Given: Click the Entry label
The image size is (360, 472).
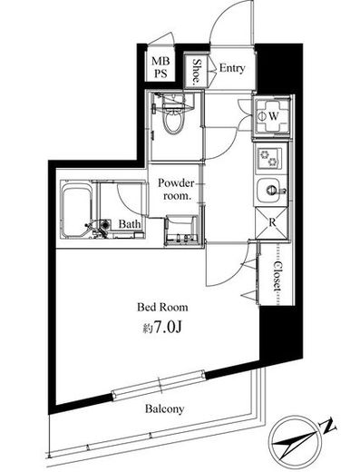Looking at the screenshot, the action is (232, 68).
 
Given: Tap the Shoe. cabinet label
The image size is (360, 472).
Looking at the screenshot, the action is (197, 71).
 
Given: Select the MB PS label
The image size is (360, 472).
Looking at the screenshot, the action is (161, 67).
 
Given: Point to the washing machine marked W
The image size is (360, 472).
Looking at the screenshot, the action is (271, 115).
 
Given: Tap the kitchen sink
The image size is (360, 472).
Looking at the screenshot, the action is (271, 191).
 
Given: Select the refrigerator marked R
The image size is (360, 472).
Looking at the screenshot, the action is (271, 223).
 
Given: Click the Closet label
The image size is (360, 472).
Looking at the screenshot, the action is (277, 276).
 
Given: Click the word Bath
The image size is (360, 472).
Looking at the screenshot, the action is (130, 224).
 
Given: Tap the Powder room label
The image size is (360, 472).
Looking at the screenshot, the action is (176, 189).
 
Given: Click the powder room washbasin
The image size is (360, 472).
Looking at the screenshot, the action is (181, 230).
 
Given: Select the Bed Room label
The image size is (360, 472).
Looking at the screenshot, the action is (162, 307).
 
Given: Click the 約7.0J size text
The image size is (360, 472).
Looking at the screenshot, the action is (162, 327).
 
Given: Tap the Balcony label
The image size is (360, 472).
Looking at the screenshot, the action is (164, 408).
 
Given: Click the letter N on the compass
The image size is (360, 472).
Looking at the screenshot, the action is (327, 426).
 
